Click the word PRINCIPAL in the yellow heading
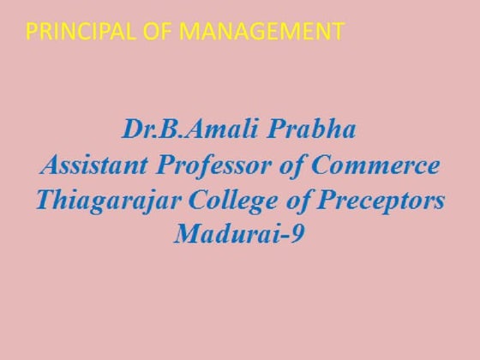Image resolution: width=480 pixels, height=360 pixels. [74, 33]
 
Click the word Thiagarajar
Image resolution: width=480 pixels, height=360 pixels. [110, 199]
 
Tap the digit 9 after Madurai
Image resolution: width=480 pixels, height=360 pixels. [299, 232]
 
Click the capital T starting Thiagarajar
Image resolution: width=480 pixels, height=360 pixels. [43, 199]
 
